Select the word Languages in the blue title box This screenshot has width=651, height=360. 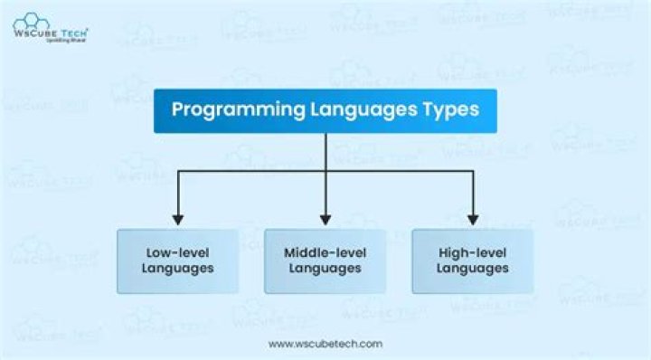click(349, 110)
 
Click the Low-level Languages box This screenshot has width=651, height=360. click(178, 261)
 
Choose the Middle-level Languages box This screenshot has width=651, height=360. click(325, 261)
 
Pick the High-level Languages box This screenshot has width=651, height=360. click(472, 261)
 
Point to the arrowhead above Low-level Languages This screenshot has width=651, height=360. click(178, 218)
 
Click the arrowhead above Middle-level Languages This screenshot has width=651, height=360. click(325, 218)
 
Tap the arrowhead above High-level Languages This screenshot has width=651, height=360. click(472, 218)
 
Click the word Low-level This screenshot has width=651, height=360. click(178, 252)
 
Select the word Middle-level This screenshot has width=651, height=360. click(325, 252)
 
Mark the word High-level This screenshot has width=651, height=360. click(472, 252)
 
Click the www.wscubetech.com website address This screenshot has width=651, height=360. click(325, 344)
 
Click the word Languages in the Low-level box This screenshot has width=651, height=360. click(178, 268)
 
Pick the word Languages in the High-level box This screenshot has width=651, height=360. click(472, 268)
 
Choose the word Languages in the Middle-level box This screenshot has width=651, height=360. click(325, 268)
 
